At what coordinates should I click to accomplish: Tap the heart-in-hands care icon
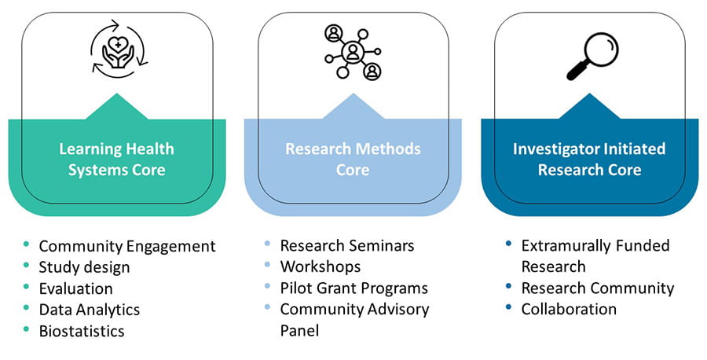coord(118,49)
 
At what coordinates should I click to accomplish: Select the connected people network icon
coord(353,52)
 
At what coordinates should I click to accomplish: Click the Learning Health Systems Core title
coord(117,160)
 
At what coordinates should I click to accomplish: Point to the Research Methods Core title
coord(353,160)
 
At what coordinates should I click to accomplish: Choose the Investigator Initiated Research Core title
coord(589,160)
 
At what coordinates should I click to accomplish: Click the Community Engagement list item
coord(127,246)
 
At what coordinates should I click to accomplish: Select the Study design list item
coord(84,267)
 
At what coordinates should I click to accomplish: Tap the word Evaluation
coord(75,288)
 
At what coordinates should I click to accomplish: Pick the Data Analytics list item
coord(90,310)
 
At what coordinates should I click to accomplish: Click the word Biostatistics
coord(82,331)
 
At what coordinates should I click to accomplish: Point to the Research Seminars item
coord(347,245)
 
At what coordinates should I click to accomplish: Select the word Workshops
coord(321,266)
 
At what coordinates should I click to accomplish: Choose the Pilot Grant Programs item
coord(354,288)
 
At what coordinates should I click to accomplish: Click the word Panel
coord(299,330)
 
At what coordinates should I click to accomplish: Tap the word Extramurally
coord(570,246)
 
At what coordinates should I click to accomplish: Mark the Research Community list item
coord(598,288)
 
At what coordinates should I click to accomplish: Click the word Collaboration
coord(569,309)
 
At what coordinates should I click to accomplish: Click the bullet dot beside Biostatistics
coord(26,330)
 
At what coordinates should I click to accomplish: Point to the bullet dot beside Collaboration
coord(508,307)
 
